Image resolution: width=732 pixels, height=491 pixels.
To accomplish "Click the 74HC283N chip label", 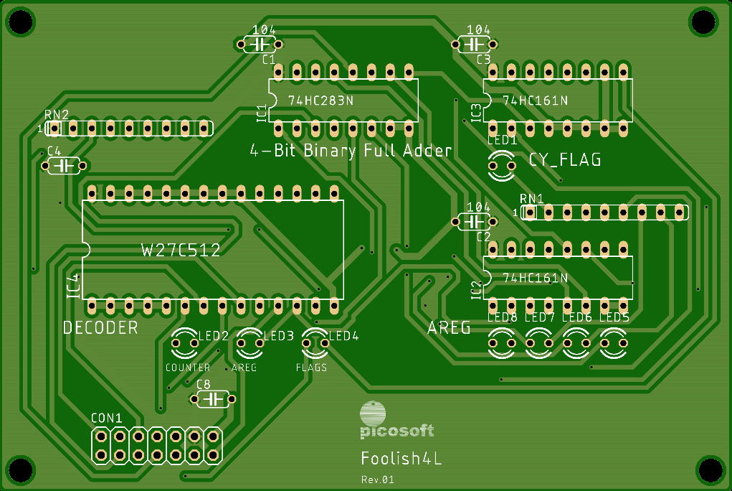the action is (320, 100).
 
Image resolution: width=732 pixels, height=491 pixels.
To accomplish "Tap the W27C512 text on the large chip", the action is (181, 251).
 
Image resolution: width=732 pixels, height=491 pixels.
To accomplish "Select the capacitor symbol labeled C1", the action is (260, 45).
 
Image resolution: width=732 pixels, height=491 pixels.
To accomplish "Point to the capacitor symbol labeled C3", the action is (475, 45).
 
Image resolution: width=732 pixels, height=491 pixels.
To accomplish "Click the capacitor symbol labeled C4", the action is (64, 166).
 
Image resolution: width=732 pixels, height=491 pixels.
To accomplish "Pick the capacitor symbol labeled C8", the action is (213, 399).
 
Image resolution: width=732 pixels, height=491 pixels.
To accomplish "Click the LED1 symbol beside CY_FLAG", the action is (502, 166).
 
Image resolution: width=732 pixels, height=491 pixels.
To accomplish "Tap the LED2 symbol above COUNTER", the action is (185, 342).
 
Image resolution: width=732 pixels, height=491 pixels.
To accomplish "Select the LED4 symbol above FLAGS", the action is (315, 342).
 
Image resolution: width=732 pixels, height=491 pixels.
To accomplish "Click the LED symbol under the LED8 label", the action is (502, 342).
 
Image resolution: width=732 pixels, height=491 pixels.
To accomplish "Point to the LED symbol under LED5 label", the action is (614, 342).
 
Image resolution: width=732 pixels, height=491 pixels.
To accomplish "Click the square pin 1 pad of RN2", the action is (54, 128).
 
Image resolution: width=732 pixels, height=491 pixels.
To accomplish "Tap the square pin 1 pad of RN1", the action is (530, 212).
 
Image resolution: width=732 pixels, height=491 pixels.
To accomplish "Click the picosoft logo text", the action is (396, 431).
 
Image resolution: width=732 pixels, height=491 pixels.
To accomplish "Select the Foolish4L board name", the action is (401, 458).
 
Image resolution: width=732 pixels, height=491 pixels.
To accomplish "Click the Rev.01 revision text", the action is (377, 480).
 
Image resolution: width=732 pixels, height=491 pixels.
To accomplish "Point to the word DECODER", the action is (100, 328).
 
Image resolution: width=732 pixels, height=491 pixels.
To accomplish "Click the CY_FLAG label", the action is (565, 160).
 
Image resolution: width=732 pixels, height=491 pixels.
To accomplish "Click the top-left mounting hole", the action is (21, 21).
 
